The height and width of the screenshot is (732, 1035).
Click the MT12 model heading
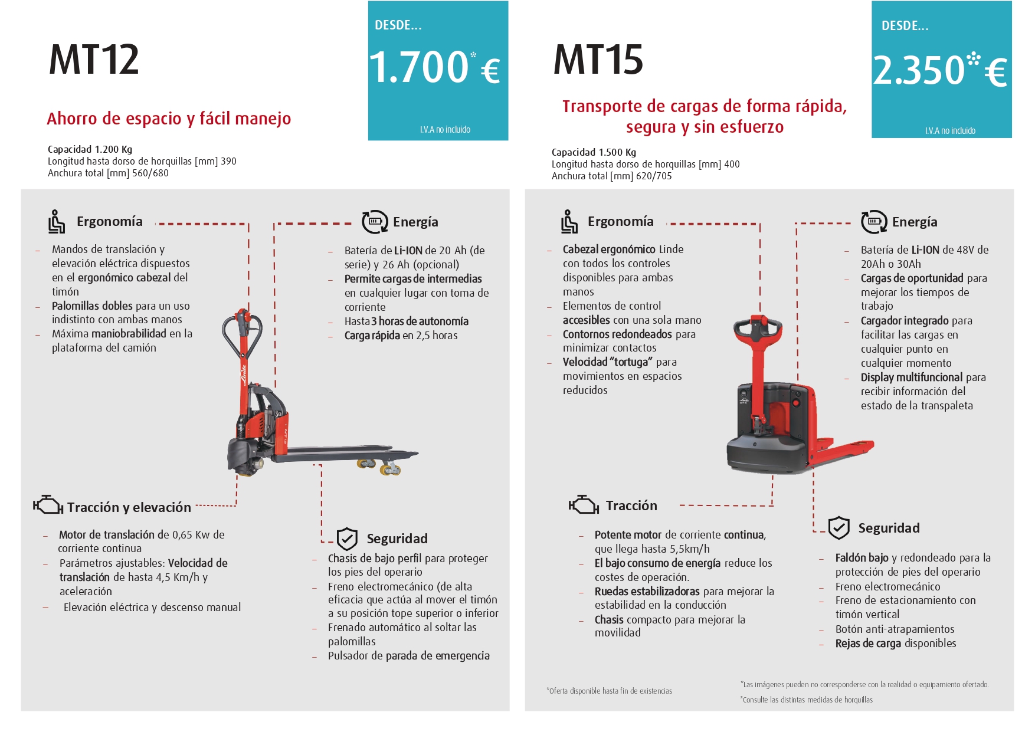tap(94, 60)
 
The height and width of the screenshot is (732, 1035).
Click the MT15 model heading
tap(598, 60)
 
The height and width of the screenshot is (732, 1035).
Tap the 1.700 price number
tap(419, 67)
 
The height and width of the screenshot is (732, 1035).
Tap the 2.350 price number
tap(919, 70)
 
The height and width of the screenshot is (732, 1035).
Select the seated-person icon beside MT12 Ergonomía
tap(57, 222)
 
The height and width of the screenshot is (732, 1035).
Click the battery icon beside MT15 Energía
tap(874, 222)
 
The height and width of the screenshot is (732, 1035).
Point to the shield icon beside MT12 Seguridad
tap(347, 539)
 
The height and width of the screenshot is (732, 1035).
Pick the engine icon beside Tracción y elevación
tap(48, 505)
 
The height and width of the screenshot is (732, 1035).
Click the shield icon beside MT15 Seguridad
tap(839, 528)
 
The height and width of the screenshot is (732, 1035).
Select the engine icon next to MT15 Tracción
tap(584, 505)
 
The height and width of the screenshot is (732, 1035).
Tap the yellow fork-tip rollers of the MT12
tap(378, 466)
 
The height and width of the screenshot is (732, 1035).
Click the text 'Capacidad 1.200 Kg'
tap(90, 149)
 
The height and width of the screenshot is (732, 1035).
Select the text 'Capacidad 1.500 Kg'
tap(594, 152)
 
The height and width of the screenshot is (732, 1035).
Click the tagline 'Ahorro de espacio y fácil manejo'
tap(169, 119)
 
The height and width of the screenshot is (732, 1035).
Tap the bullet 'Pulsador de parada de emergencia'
tap(409, 656)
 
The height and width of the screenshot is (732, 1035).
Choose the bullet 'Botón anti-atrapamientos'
tap(895, 629)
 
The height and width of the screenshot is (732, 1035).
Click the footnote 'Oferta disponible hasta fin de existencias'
tap(610, 691)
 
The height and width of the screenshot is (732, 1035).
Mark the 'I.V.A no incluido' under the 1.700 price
tap(445, 130)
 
